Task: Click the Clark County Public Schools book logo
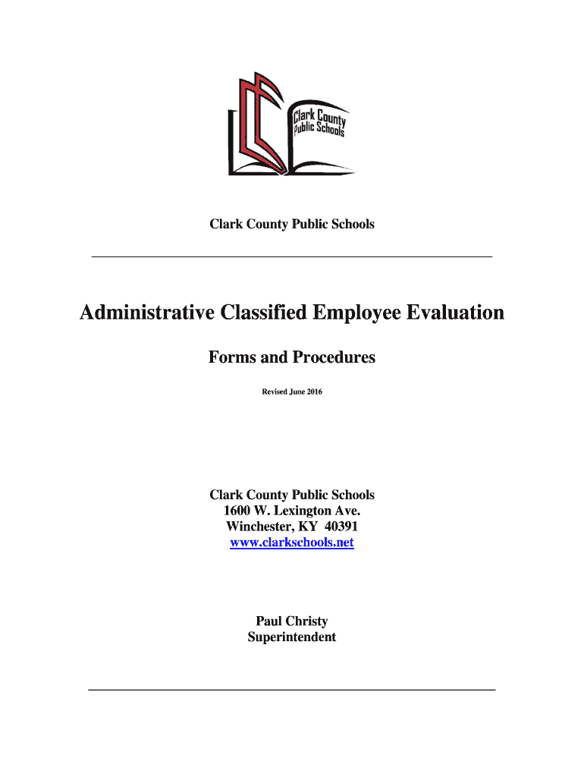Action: (x=290, y=124)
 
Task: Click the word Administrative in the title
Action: (x=146, y=313)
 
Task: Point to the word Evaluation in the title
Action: (x=458, y=313)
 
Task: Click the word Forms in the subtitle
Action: (x=231, y=357)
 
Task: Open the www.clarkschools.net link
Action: (x=292, y=543)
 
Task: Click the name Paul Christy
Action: (x=292, y=621)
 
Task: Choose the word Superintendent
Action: (x=292, y=637)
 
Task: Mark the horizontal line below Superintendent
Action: (x=292, y=690)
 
